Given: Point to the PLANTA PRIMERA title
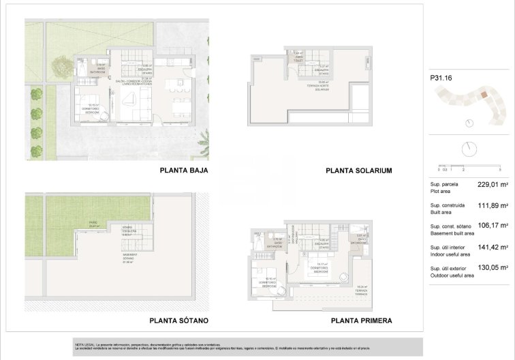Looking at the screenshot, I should [x=361, y=320].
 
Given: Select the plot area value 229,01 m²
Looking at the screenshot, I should [x=492, y=185].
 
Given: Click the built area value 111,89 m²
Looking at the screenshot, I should [x=492, y=205].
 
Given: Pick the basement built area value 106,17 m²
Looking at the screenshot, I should [x=492, y=226].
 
